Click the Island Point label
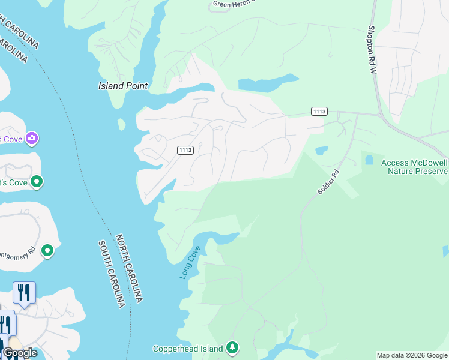[123, 86]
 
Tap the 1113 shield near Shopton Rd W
[319, 111]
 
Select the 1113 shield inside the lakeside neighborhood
[185, 150]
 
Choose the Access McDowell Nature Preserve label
[414, 167]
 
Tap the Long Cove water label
[189, 262]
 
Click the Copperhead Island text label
[187, 348]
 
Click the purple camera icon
[32, 139]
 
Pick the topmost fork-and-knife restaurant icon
[24, 293]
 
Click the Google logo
[20, 353]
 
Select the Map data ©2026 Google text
[412, 355]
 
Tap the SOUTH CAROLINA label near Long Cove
[113, 274]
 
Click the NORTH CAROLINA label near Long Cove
[129, 268]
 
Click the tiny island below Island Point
[122, 124]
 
